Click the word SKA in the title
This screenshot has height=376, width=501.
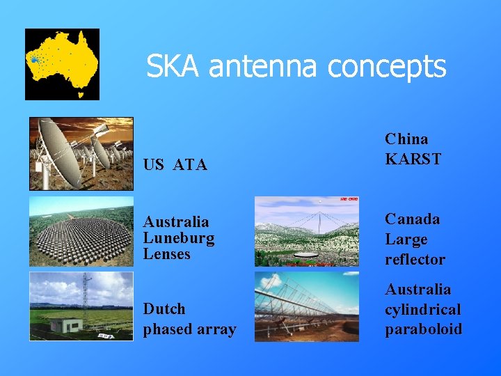pyautogui.click(x=174, y=67)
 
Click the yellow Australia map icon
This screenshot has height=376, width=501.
pyautogui.click(x=62, y=64)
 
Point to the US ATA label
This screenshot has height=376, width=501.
pyautogui.click(x=175, y=165)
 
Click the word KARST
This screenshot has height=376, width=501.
pyautogui.click(x=413, y=159)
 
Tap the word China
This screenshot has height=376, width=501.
pyautogui.click(x=406, y=139)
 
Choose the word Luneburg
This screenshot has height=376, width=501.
pyautogui.click(x=179, y=238)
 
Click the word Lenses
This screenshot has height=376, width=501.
pyautogui.click(x=166, y=254)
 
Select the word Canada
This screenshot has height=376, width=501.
pyautogui.click(x=413, y=219)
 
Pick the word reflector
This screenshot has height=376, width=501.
pyautogui.click(x=415, y=259)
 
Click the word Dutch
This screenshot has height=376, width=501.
pyautogui.click(x=164, y=308)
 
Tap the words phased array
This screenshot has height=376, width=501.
pyautogui.click(x=189, y=329)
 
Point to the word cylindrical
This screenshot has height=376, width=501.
pyautogui.click(x=423, y=309)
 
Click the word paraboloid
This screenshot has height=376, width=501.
pyautogui.click(x=424, y=329)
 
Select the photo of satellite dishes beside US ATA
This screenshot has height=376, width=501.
pyautogui.click(x=81, y=154)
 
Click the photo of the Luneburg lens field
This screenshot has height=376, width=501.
pyautogui.click(x=81, y=232)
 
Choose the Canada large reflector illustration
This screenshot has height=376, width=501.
pyautogui.click(x=306, y=231)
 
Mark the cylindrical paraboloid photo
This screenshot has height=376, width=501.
pyautogui.click(x=306, y=306)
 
